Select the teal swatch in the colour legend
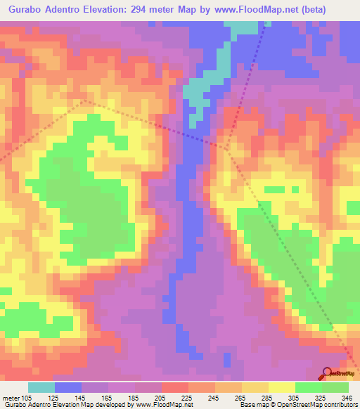[x=41, y=387]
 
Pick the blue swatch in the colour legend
[x=68, y=387]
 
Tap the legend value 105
[x=27, y=398]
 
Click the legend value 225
[x=187, y=398]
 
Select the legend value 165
[x=107, y=398]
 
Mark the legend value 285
[x=267, y=398]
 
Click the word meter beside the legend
[x=10, y=398]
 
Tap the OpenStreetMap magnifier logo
[x=328, y=373]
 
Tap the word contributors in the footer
[x=340, y=405]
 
